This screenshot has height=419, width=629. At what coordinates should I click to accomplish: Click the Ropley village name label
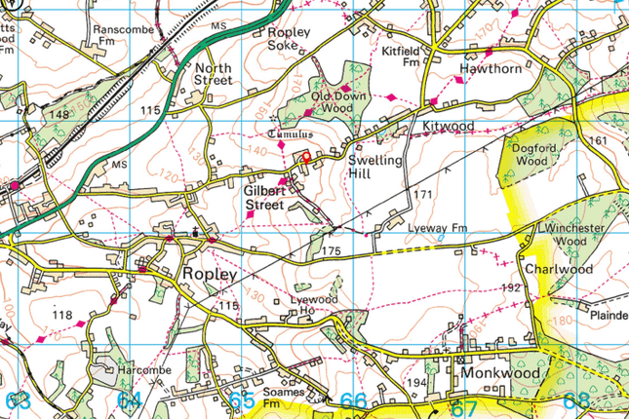(x=209, y=276)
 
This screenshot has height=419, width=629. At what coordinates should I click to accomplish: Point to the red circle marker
(x=304, y=156)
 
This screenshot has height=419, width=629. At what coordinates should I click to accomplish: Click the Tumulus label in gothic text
(x=291, y=133)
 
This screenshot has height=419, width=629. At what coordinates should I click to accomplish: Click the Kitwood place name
(x=448, y=128)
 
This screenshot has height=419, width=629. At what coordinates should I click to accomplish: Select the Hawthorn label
(x=491, y=70)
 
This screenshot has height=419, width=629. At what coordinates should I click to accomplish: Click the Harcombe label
(x=146, y=370)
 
